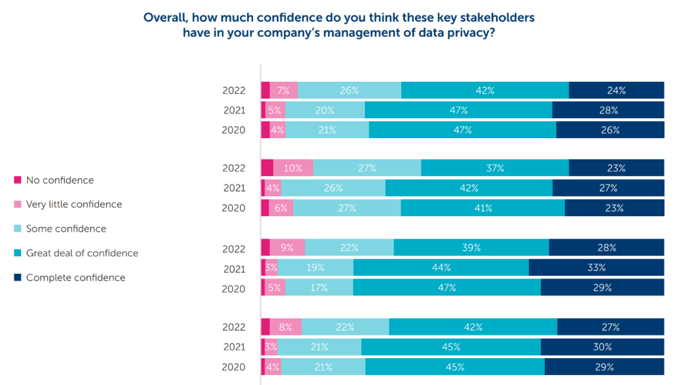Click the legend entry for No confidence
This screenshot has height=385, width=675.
(x=59, y=180)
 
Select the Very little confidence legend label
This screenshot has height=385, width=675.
(x=74, y=204)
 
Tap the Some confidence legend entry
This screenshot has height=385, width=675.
(x=66, y=229)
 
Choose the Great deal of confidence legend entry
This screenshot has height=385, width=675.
(x=82, y=253)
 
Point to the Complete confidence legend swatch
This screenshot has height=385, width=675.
(x=18, y=277)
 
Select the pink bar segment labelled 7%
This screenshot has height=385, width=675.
(x=284, y=90)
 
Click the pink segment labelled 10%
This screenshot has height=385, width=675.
(x=293, y=168)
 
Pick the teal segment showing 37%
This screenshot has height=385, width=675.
(x=495, y=168)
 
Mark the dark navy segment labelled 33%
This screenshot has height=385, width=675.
(x=596, y=267)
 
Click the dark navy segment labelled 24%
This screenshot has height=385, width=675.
(x=616, y=90)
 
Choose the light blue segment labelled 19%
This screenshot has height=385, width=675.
(x=315, y=267)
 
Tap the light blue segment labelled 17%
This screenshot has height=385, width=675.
(x=319, y=287)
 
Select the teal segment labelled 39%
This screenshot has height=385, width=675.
(x=471, y=247)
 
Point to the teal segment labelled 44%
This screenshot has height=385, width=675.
(x=441, y=267)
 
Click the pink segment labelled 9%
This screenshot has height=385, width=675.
(x=287, y=247)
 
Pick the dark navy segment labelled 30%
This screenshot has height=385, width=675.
(x=602, y=347)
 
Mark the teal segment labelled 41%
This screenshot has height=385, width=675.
(x=482, y=208)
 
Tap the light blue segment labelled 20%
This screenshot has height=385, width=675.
(x=325, y=110)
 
